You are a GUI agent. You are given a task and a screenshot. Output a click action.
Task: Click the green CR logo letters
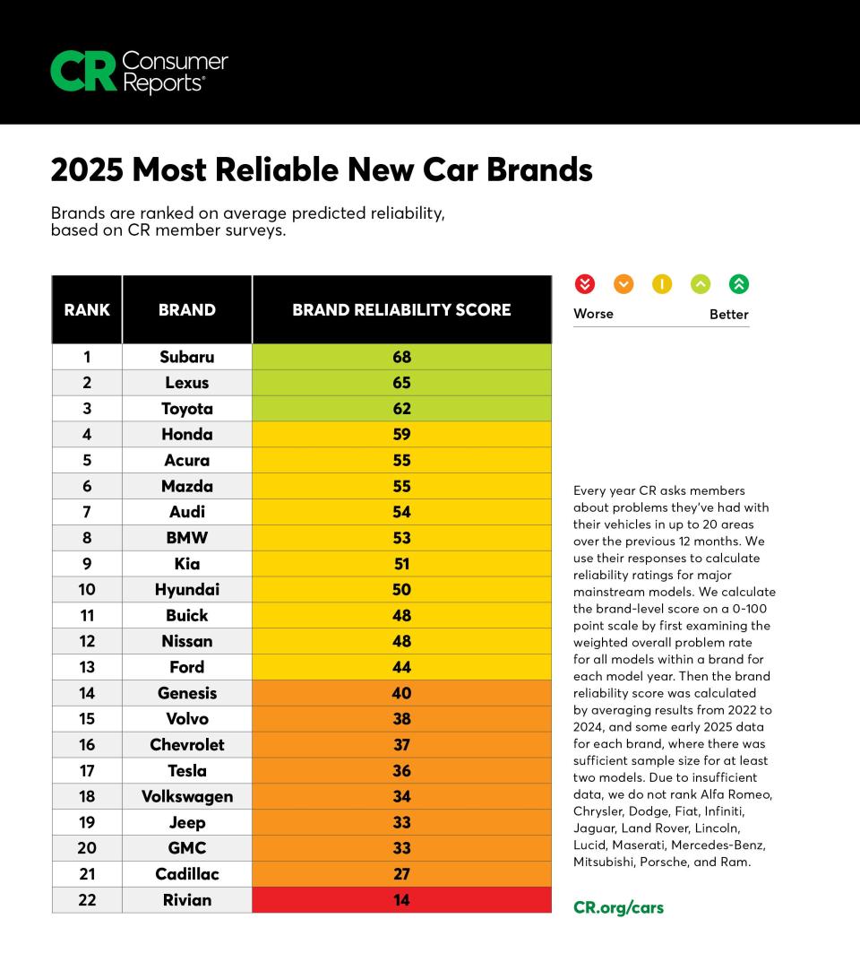click(x=82, y=71)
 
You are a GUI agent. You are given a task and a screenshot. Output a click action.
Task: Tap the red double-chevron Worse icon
click(x=584, y=284)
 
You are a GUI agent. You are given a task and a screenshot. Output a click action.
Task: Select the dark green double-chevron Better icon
click(x=738, y=284)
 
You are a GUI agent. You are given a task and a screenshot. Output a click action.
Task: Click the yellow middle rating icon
click(x=661, y=284)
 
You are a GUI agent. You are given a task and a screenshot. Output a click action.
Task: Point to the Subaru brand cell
click(x=187, y=357)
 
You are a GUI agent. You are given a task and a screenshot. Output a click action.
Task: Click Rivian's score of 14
click(x=401, y=899)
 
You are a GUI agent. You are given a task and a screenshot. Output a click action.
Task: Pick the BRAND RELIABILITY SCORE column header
click(x=401, y=310)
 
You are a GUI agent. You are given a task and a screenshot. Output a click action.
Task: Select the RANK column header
click(x=87, y=310)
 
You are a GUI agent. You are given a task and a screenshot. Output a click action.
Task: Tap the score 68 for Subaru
click(x=401, y=357)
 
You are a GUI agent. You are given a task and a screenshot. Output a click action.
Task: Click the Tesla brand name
click(x=187, y=770)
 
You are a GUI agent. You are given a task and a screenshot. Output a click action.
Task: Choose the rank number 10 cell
click(x=87, y=589)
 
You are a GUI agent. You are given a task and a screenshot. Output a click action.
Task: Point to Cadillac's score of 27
click(x=401, y=873)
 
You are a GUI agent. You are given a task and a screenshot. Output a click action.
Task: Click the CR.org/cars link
click(x=618, y=907)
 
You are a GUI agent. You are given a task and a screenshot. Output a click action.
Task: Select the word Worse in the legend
click(x=593, y=314)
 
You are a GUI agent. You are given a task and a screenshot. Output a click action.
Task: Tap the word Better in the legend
click(x=728, y=314)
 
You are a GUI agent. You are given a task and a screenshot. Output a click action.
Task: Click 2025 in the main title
click(x=86, y=169)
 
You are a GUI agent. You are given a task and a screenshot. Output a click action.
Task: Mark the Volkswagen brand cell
click(x=187, y=796)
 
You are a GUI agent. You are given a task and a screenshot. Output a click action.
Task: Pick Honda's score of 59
click(x=401, y=434)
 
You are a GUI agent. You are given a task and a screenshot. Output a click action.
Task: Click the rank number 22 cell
click(x=87, y=899)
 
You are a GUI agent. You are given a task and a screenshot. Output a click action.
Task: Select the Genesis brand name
click(x=187, y=692)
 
